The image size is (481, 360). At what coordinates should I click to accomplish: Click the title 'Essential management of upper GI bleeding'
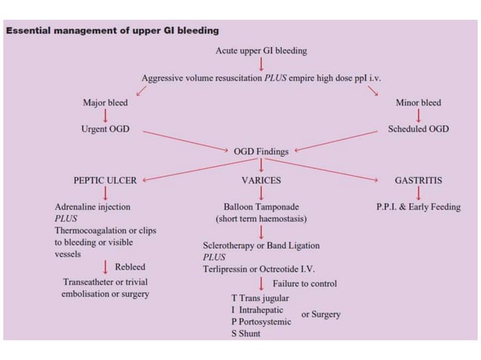[x=112, y=31]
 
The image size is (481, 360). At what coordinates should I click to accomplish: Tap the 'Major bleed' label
[x=105, y=102]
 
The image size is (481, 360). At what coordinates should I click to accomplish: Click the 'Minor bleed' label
[x=418, y=102]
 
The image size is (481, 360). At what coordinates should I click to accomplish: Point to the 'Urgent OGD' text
[x=105, y=129]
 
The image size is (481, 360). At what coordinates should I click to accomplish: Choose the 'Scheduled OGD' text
[x=418, y=129]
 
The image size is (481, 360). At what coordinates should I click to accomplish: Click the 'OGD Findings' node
[x=261, y=151]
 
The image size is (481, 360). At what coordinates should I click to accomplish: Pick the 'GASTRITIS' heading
[x=418, y=181]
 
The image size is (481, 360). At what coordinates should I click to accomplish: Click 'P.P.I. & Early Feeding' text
[x=418, y=206]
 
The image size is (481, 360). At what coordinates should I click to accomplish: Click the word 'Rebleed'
[x=130, y=267]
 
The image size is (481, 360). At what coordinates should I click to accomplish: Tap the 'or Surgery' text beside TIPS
[x=320, y=314]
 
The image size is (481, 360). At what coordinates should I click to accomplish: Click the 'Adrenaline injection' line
[x=92, y=206]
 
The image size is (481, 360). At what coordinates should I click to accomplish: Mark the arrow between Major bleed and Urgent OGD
[x=105, y=115]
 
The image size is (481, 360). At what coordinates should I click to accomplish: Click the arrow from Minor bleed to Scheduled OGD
[x=418, y=115]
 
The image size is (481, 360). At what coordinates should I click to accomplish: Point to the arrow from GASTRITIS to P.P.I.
[x=418, y=194]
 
